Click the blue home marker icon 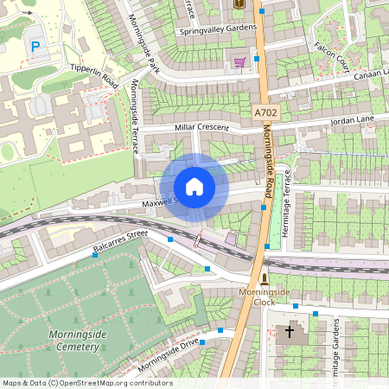(194, 187)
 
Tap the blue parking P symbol (35, 46)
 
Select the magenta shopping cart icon (239, 61)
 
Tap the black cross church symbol (290, 331)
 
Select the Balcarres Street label (121, 243)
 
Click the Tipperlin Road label (94, 74)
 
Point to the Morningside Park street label (143, 42)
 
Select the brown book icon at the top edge (239, 4)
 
